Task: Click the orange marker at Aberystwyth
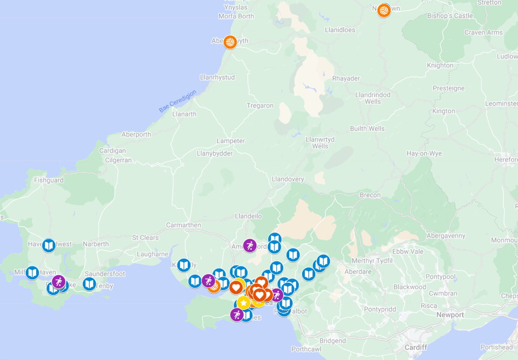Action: pos(230,42)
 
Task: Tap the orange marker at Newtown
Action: pos(384,10)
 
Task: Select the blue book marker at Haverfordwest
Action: pos(49,246)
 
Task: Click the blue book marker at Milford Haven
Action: pos(32,273)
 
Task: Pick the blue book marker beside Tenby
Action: pos(90,284)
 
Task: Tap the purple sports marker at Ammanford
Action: pos(250,246)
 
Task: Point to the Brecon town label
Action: pos(370,195)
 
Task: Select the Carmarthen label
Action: pos(183,225)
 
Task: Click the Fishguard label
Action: pos(49,180)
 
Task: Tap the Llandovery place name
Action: pos(288,179)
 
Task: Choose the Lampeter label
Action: pos(230,141)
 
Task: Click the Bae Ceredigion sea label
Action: pos(178,101)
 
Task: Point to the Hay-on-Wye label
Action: pos(424,154)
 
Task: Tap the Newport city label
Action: pos(450,315)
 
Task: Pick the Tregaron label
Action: pos(260,106)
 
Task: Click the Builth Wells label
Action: pos(367,128)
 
